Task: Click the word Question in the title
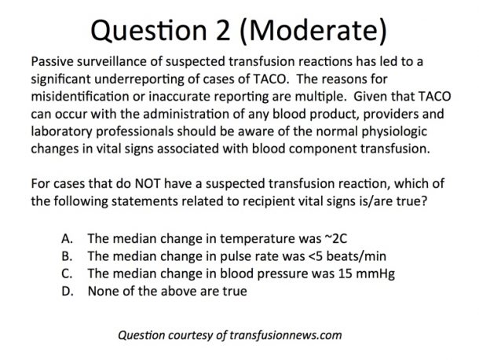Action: pos(148,31)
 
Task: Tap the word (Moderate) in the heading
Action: pos(313,31)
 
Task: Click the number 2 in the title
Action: pos(223,30)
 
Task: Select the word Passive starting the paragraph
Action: pos(53,61)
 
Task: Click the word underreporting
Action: pos(139,79)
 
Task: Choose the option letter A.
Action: pos(67,239)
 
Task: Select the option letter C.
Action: pos(67,274)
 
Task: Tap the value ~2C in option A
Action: pos(336,239)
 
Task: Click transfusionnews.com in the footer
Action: pos(285,335)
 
